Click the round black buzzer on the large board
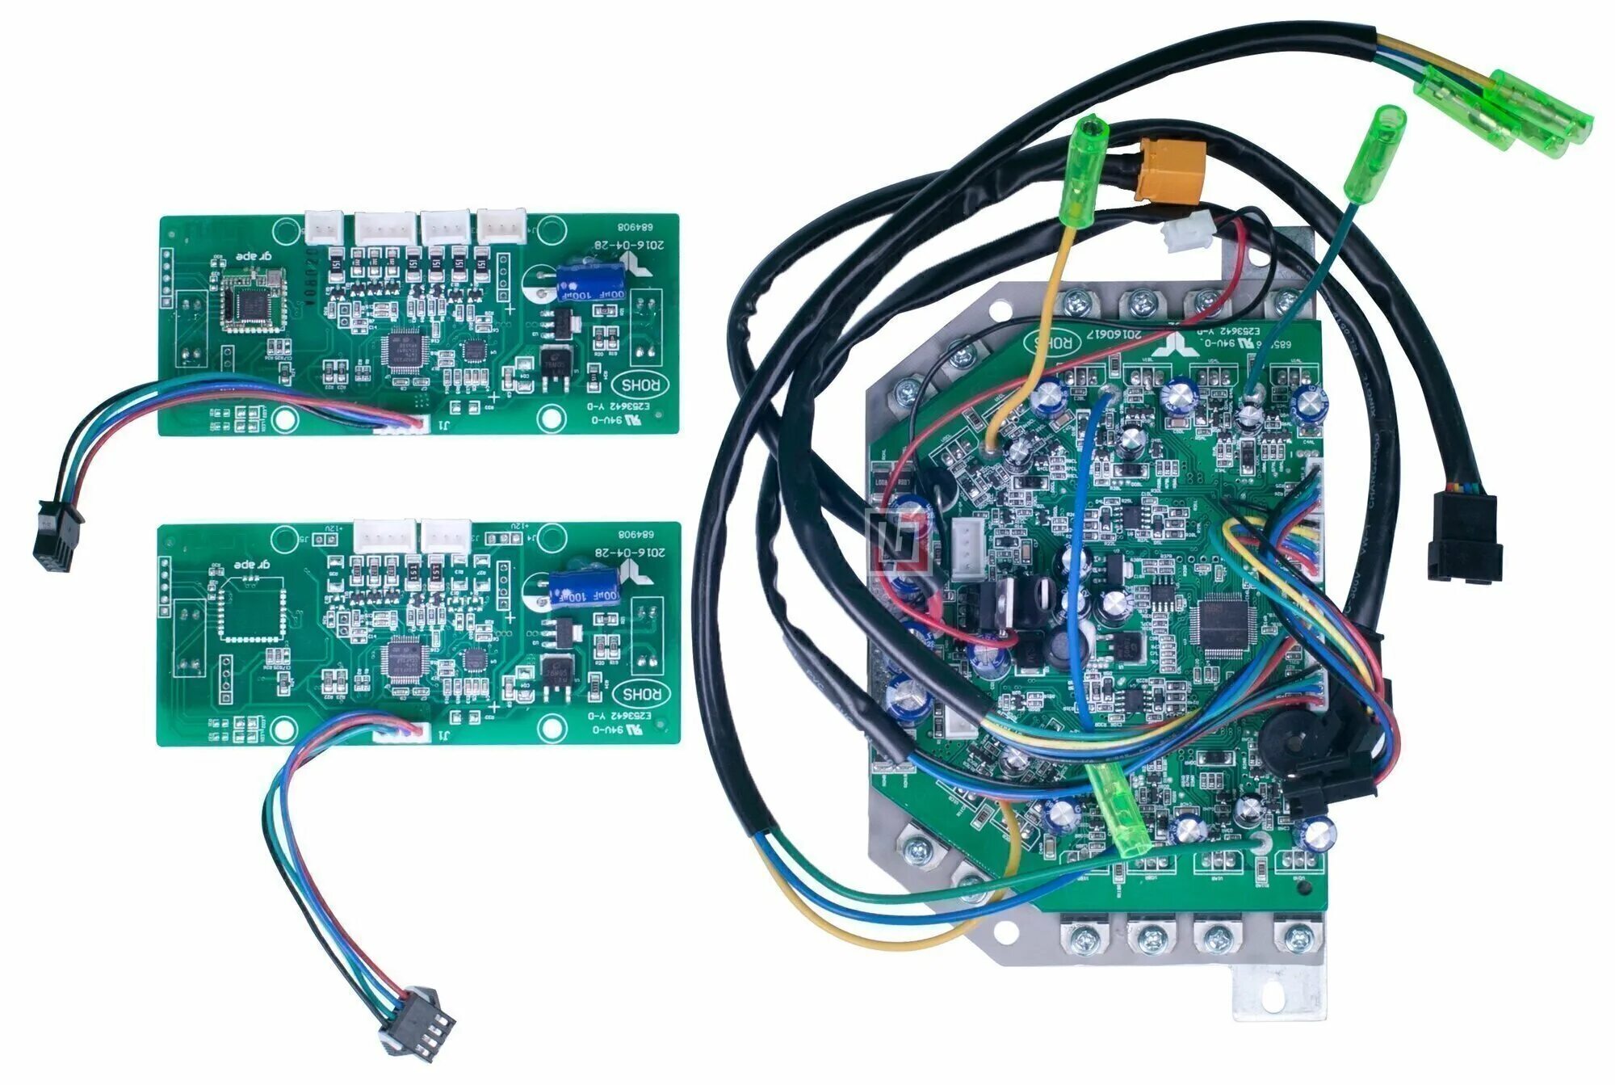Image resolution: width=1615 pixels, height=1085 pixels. tap(1287, 738)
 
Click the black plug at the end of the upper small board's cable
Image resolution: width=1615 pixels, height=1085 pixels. tap(57, 540)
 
